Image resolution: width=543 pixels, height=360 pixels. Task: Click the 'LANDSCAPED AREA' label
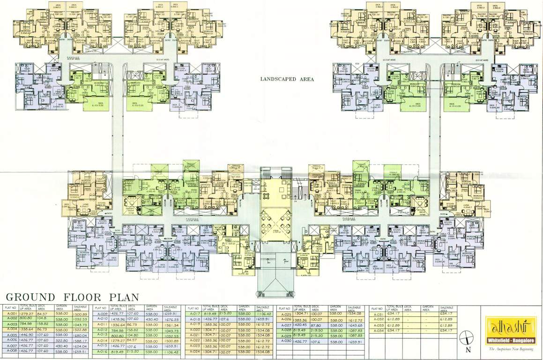coord(287,79)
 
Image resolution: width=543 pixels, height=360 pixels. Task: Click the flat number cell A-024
coord(193,352)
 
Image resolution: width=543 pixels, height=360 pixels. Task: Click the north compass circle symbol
coord(466,337)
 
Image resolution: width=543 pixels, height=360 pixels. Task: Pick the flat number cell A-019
coord(193,324)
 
